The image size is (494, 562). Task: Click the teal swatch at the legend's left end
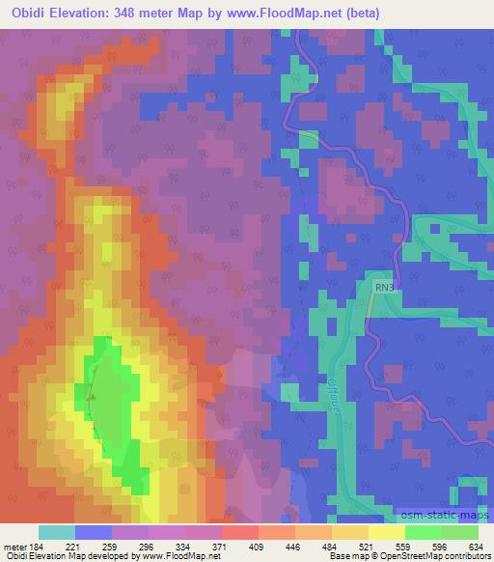(x=56, y=532)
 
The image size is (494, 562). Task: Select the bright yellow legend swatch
(x=385, y=532)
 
